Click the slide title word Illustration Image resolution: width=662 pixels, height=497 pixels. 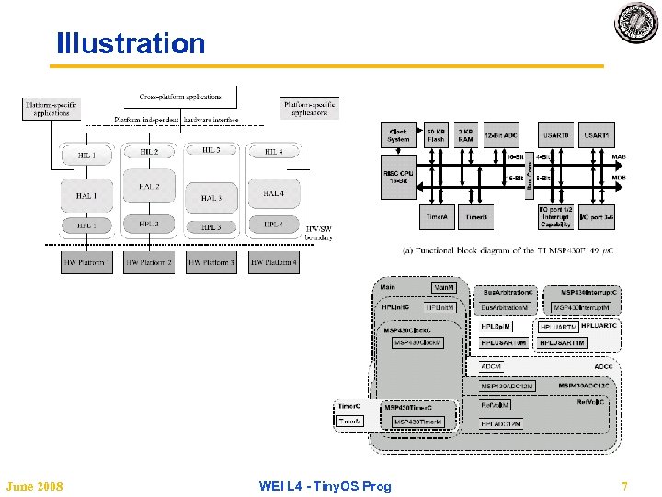[x=131, y=43]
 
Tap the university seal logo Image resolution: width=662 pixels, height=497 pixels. [x=636, y=23]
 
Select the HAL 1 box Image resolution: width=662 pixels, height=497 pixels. [x=86, y=193]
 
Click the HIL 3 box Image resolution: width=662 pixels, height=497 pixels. [x=211, y=150]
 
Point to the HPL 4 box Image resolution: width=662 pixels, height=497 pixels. [x=273, y=225]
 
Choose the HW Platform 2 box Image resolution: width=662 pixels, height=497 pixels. [x=148, y=263]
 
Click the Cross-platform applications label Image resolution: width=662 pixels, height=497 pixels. [x=180, y=97]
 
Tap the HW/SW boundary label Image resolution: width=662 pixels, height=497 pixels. [x=319, y=233]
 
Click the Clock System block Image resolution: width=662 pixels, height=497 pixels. [x=399, y=135]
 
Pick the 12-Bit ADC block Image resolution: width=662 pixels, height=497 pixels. [x=501, y=135]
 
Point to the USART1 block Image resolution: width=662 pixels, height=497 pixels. [x=596, y=135]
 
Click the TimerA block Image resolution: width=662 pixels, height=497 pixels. [x=437, y=217]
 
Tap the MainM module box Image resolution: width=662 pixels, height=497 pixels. [x=444, y=288]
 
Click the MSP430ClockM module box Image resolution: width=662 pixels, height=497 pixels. [x=418, y=343]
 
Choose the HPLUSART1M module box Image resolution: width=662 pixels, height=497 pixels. [x=561, y=343]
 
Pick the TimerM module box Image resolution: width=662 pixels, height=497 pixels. [x=350, y=422]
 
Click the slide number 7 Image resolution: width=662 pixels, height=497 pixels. [x=624, y=486]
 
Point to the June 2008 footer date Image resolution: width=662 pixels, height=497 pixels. [x=34, y=486]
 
